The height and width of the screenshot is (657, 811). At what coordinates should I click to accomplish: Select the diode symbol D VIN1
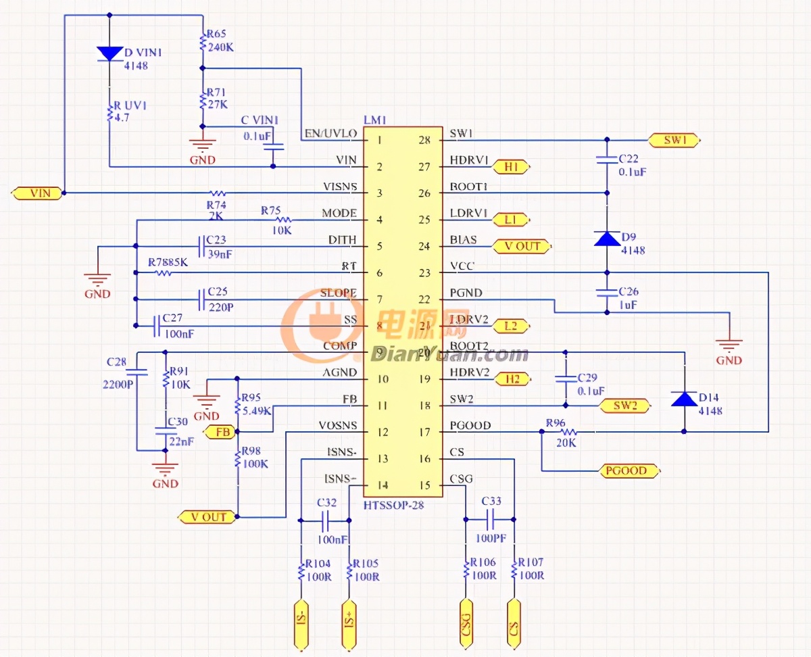(x=109, y=53)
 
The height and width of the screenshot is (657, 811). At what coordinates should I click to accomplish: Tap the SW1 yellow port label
(x=674, y=141)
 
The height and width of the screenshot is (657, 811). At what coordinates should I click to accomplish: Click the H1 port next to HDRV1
(x=512, y=166)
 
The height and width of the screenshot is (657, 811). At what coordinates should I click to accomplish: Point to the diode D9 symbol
(x=607, y=239)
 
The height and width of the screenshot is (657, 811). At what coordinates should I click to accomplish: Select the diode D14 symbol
(x=684, y=399)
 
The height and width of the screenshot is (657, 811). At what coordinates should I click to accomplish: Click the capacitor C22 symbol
(x=607, y=160)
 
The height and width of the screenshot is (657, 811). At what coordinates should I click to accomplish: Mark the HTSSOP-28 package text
(x=393, y=505)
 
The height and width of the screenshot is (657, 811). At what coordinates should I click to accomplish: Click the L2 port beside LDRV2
(x=512, y=326)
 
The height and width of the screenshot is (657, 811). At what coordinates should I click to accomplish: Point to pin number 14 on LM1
(x=383, y=485)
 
